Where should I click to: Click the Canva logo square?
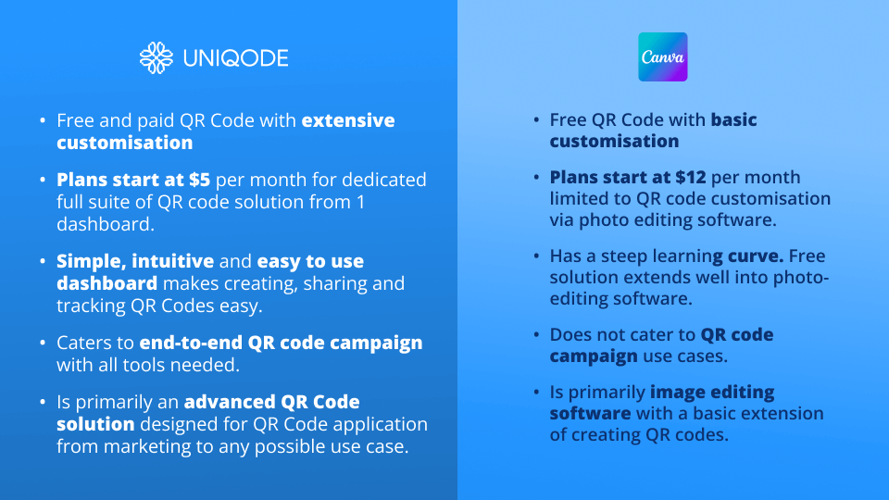point(663,57)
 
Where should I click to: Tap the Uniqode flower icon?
point(156,57)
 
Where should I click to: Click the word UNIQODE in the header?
point(235,58)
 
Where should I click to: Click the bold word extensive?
point(348,120)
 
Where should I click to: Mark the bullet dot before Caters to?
point(42,344)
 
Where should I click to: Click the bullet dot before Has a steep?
point(535,256)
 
